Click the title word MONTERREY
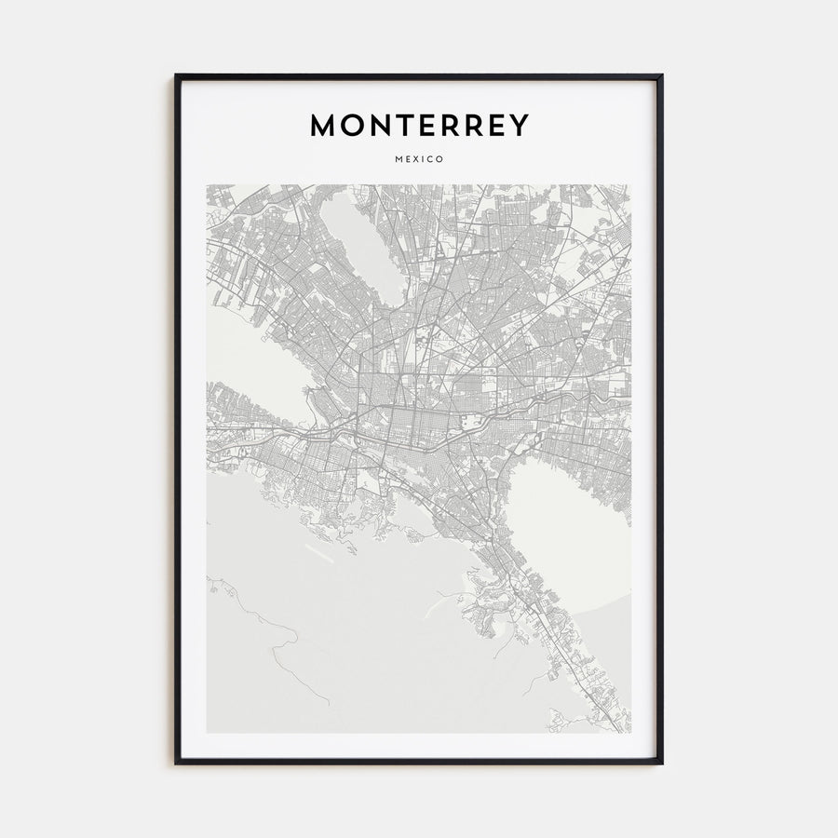point(419,126)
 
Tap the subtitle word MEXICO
point(419,159)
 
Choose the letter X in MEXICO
point(413,159)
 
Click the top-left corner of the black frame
point(176,75)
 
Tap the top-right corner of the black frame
point(661,75)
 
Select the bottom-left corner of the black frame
point(176,763)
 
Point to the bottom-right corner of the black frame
point(661,763)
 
